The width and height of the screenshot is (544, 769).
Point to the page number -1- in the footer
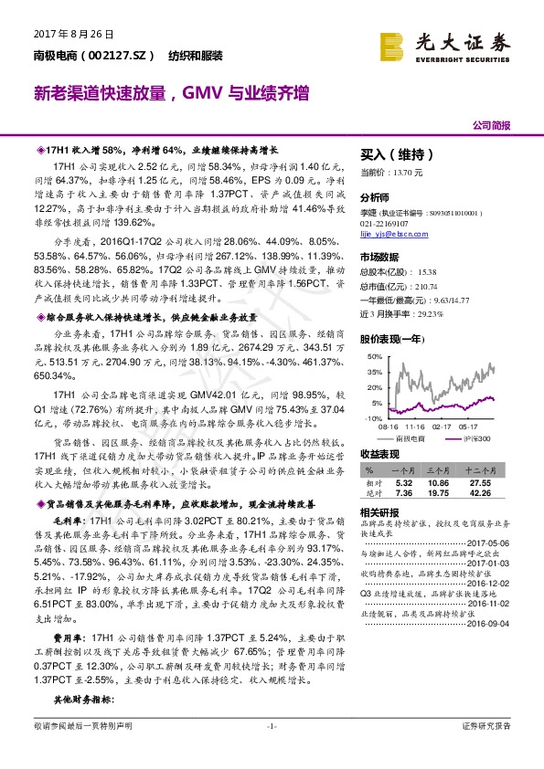click(x=271, y=751)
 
